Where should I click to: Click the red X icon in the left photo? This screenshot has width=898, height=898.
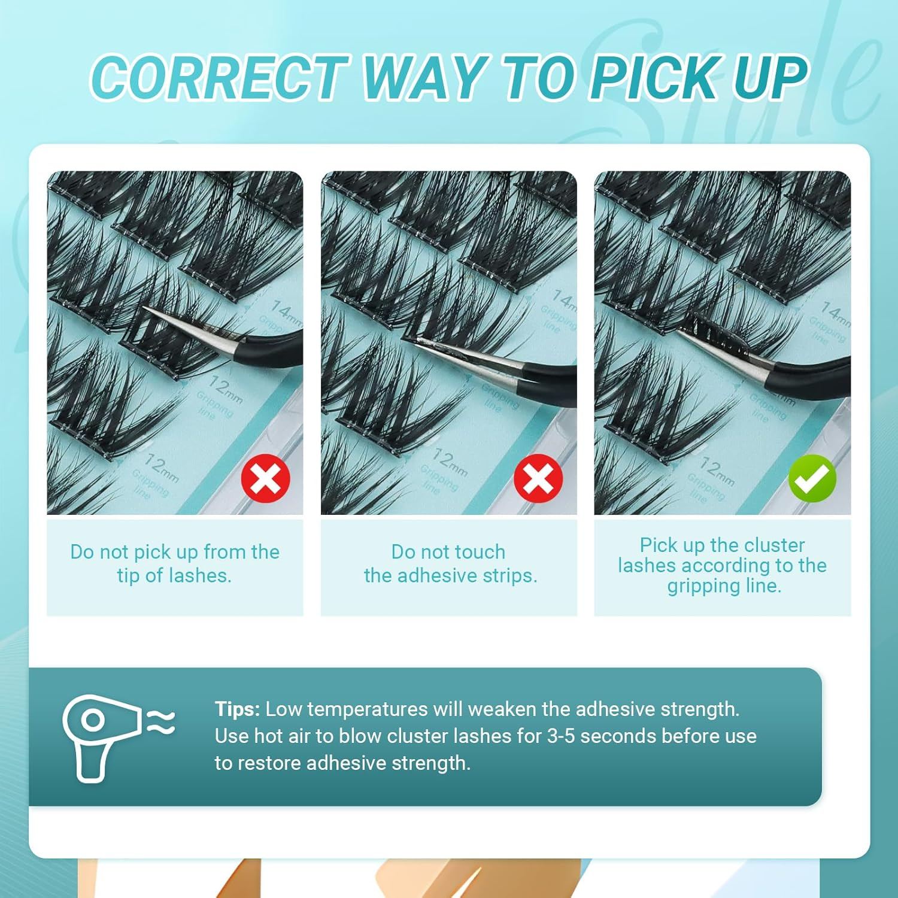click(266, 478)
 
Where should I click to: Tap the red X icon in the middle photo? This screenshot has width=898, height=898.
click(538, 478)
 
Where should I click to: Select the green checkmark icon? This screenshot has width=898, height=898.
click(812, 478)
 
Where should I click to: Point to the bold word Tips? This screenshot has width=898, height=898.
click(237, 709)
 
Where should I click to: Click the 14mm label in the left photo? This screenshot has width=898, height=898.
click(286, 310)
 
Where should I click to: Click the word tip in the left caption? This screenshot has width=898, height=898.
click(128, 575)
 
